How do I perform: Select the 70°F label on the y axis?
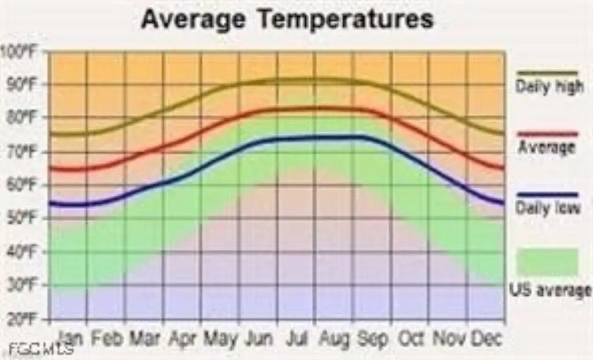(x=23, y=152)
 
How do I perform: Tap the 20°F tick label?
(x=23, y=319)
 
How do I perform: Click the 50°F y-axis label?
(x=23, y=218)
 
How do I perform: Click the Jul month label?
(x=297, y=338)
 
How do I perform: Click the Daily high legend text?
(x=549, y=87)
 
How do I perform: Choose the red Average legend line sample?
(x=547, y=134)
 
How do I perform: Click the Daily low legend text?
(x=548, y=208)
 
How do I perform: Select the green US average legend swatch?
(x=547, y=262)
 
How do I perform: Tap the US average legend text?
(x=550, y=289)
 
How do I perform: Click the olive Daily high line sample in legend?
(x=547, y=74)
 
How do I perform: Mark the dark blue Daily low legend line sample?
(x=547, y=194)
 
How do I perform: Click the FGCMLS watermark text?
(x=41, y=350)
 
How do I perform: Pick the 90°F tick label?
(x=23, y=85)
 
